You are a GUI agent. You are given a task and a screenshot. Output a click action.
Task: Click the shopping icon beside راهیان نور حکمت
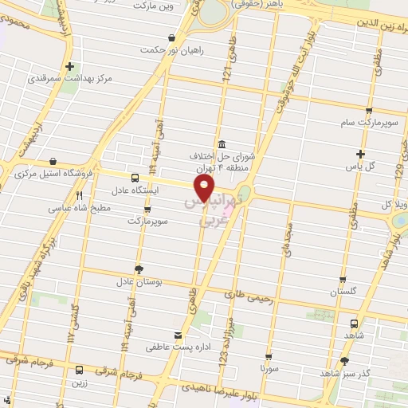[x=171, y=37]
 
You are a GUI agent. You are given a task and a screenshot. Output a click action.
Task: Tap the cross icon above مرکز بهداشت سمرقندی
[x=70, y=66]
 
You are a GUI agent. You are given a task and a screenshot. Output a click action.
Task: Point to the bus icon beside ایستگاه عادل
[x=134, y=178]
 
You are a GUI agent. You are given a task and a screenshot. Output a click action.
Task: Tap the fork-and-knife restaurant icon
[x=79, y=194]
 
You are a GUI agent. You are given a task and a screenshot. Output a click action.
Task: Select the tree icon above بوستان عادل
[x=139, y=269]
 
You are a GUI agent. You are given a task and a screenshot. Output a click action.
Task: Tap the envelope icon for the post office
[x=178, y=335]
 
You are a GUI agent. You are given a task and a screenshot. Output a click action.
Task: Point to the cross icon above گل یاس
[x=361, y=154]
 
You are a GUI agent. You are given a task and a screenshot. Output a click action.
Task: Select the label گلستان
[x=345, y=292]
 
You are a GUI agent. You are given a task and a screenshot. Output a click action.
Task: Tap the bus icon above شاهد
[x=355, y=324]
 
